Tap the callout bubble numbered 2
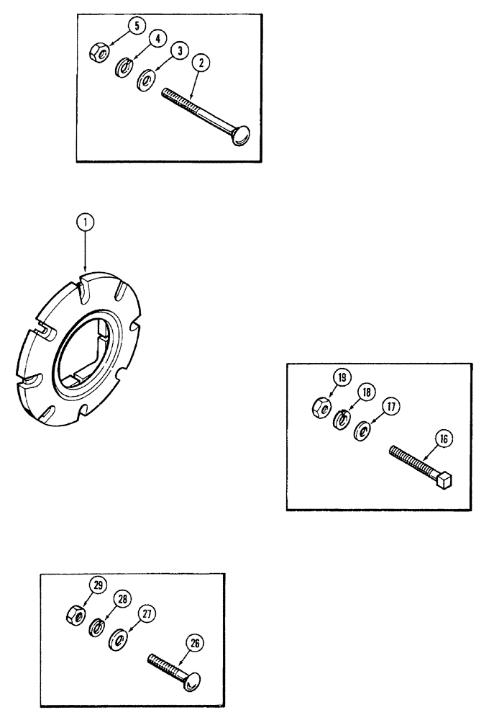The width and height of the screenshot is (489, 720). click(201, 63)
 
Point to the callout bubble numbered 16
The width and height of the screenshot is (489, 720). click(442, 438)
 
